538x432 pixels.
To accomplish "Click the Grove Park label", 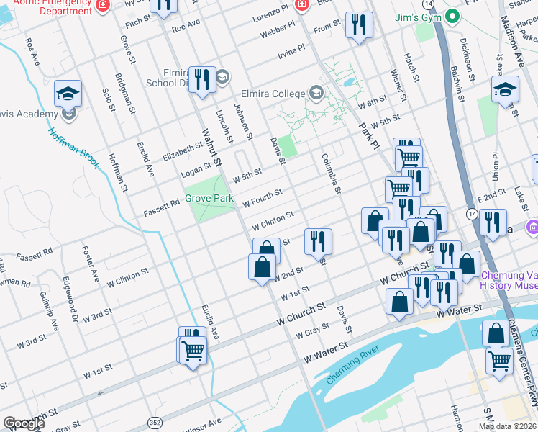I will [x=209, y=197].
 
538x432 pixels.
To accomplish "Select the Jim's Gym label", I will [x=417, y=17].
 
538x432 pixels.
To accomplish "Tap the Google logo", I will [x=24, y=423].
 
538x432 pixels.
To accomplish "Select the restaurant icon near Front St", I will [x=357, y=25].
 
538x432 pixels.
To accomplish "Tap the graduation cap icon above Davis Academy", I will [x=68, y=93].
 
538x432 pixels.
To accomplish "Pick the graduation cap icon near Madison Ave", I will [x=506, y=89].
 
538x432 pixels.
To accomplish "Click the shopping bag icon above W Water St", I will [x=400, y=302].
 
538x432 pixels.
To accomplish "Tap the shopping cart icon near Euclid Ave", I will [x=193, y=351].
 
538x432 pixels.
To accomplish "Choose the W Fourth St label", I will [x=262, y=197].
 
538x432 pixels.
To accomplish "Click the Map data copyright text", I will [x=508, y=426].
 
